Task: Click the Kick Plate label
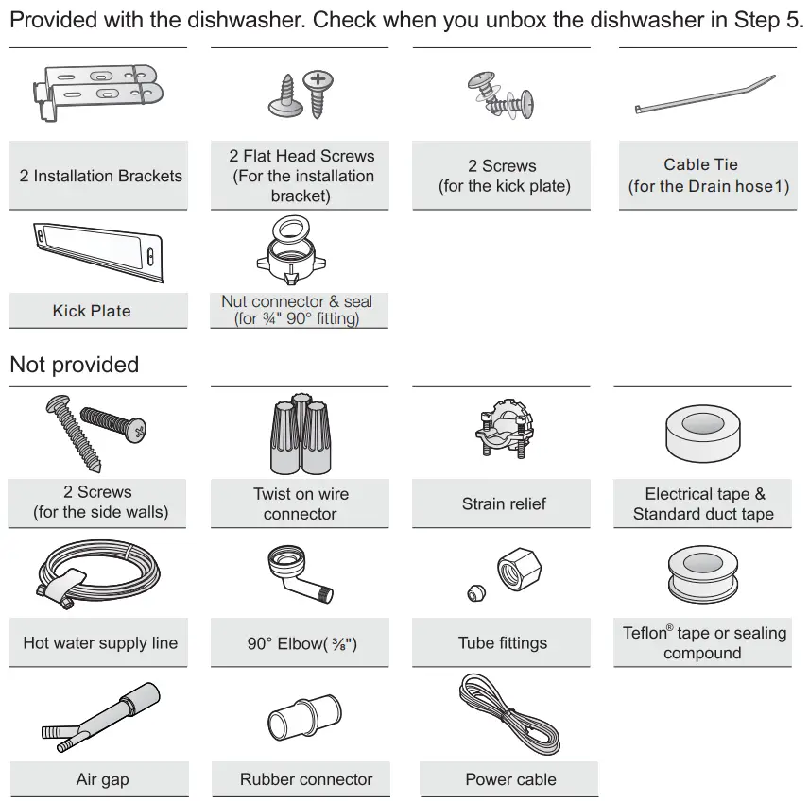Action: click(92, 311)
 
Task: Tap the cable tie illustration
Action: click(705, 95)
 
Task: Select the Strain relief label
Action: click(504, 503)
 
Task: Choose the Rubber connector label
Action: click(306, 779)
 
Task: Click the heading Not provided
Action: click(74, 365)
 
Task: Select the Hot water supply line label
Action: click(100, 643)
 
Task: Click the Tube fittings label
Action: click(503, 643)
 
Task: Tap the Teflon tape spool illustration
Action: click(703, 572)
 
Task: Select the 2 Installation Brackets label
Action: click(101, 176)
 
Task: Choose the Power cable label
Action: click(510, 779)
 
